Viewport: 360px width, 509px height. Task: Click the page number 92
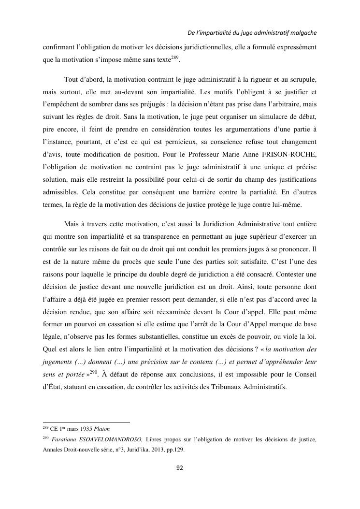coord(180,467)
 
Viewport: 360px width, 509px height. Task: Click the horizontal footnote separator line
coord(86,422)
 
